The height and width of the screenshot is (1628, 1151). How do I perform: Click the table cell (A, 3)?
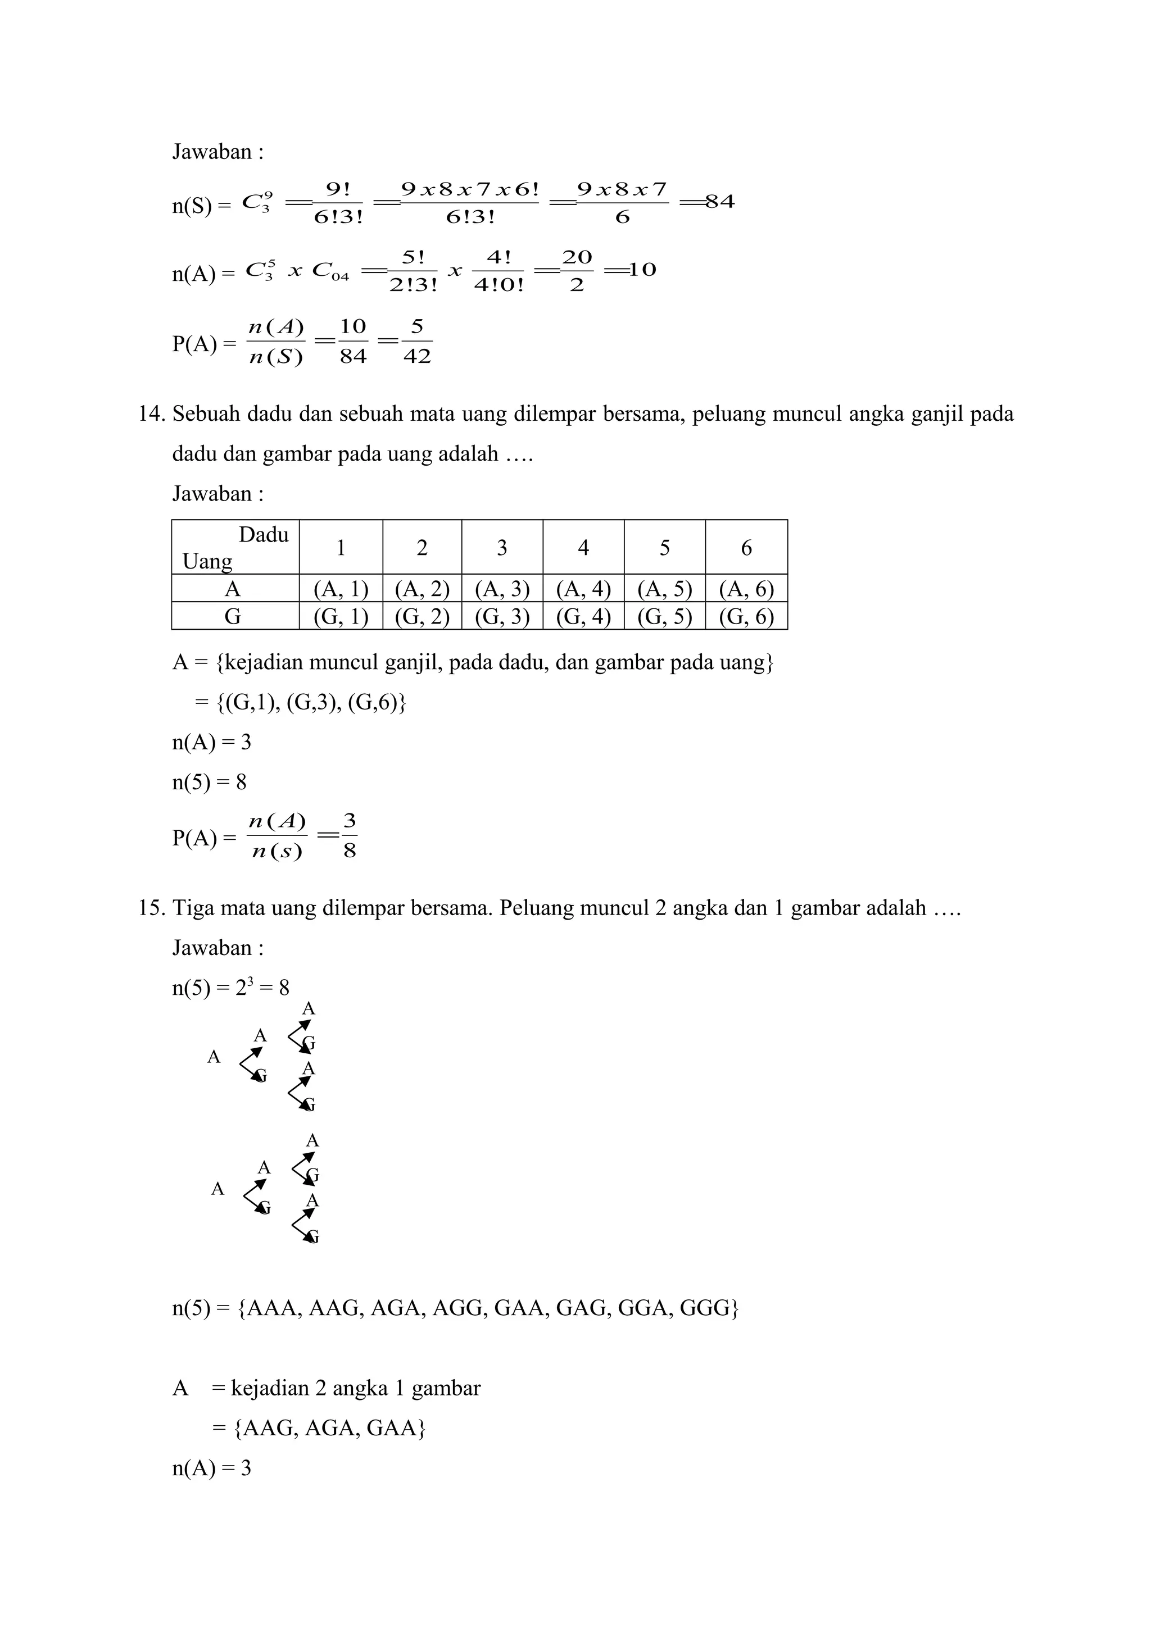[x=502, y=589]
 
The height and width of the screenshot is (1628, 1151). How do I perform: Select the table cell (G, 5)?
[x=664, y=616]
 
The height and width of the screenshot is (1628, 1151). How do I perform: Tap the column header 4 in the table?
[x=583, y=547]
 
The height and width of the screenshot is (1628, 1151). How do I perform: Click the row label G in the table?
[x=233, y=616]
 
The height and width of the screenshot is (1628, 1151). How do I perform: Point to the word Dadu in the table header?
[x=263, y=535]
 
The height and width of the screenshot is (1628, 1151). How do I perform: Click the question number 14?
[x=151, y=414]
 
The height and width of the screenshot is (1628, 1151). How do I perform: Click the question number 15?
[x=151, y=908]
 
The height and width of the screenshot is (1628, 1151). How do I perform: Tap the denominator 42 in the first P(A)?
[x=417, y=357]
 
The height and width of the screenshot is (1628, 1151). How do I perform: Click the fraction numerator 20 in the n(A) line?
[x=577, y=257]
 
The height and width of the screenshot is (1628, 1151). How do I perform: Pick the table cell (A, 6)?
[x=746, y=589]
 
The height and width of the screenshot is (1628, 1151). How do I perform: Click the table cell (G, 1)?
[x=341, y=616]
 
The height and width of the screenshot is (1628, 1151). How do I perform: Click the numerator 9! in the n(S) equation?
[x=338, y=189]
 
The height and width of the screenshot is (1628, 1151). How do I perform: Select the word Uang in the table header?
[x=207, y=562]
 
